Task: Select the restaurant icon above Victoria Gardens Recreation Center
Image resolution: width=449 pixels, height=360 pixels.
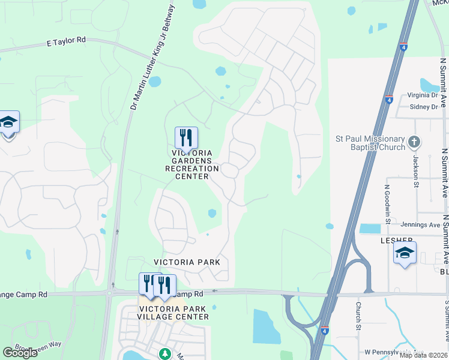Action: [x=186, y=137]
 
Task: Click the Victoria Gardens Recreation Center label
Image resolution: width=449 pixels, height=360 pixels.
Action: [x=187, y=165]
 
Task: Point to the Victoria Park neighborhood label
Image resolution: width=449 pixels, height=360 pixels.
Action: [x=187, y=262]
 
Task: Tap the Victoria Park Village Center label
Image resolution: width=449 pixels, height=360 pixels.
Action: [x=173, y=312]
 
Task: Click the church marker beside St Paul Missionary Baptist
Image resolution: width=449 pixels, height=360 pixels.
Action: [x=414, y=142]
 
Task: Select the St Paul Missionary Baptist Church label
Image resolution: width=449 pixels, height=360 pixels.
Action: [x=370, y=142]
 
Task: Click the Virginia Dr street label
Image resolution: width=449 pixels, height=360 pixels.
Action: [x=423, y=95]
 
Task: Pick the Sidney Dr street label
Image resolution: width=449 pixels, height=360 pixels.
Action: [x=424, y=107]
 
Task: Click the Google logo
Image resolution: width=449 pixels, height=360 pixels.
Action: [x=20, y=353]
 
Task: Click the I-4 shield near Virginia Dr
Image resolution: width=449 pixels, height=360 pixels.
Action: [x=389, y=99]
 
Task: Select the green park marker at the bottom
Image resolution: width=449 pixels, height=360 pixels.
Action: [x=164, y=354]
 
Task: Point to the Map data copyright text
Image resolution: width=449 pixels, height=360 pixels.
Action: [x=423, y=355]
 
